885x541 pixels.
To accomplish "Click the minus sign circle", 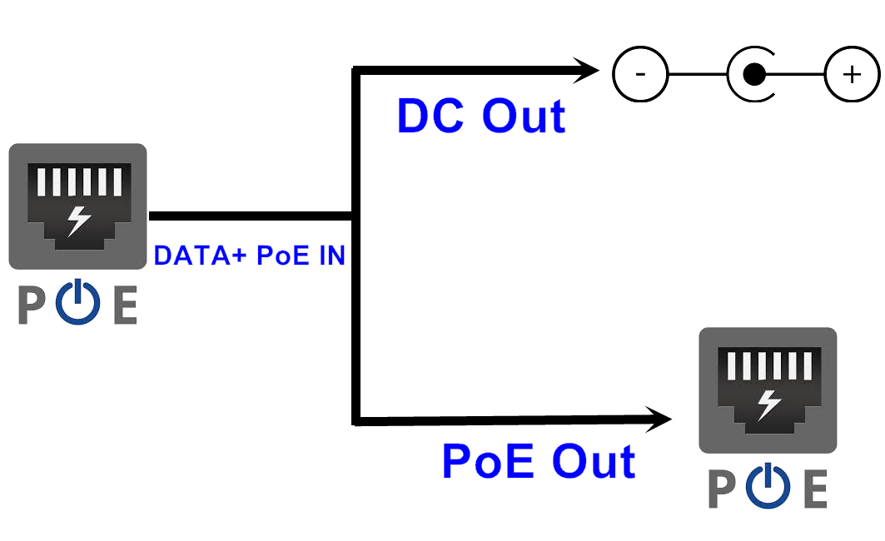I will [640, 74].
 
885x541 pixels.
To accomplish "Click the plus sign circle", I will [852, 75].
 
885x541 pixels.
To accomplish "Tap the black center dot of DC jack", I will [754, 75].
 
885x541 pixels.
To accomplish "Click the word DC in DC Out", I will [430, 116].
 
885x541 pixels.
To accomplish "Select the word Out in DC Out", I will [525, 116].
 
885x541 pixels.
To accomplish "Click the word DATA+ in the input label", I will [201, 256].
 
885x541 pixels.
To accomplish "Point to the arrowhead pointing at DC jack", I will [586, 70].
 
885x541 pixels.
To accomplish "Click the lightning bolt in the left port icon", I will [80, 219].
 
